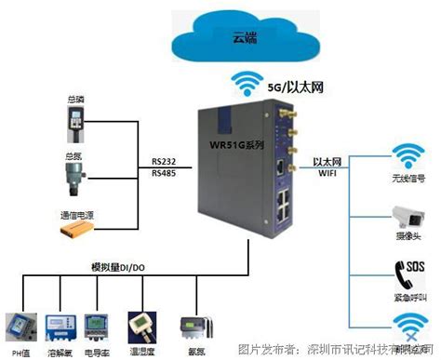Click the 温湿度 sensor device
tap(142, 322)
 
